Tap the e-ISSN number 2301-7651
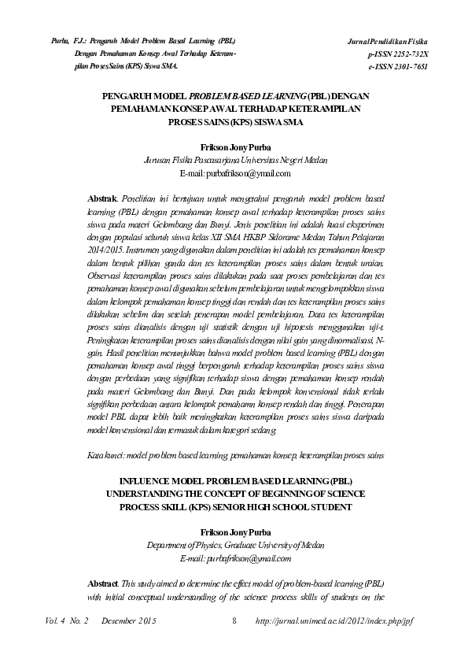point(419,68)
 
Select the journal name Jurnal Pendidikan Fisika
point(394,40)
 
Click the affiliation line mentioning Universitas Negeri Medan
point(234,159)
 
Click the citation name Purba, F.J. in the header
point(67,40)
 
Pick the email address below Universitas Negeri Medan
point(234,172)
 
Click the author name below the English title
point(234,532)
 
